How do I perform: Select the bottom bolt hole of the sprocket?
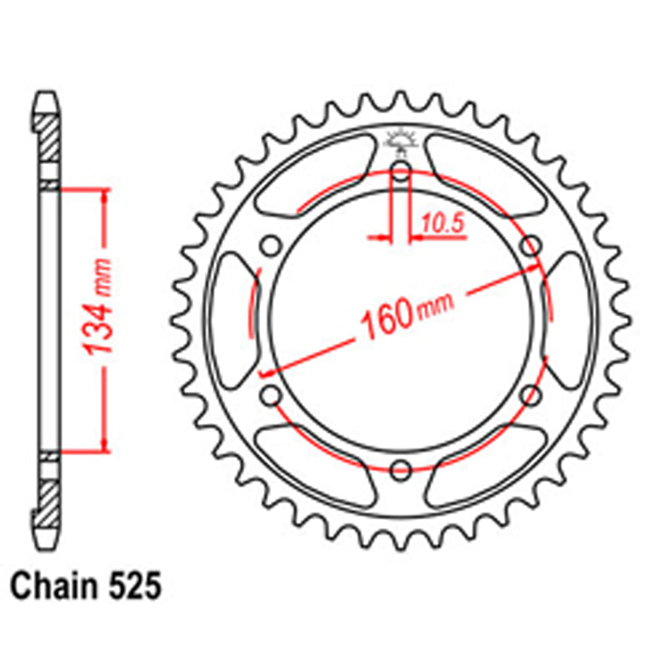coord(400,469)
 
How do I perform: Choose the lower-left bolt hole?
coord(271,395)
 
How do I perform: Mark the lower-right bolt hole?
coord(530,395)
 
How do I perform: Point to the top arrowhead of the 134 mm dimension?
coord(104,196)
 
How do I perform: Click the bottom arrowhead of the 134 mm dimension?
coord(104,444)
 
